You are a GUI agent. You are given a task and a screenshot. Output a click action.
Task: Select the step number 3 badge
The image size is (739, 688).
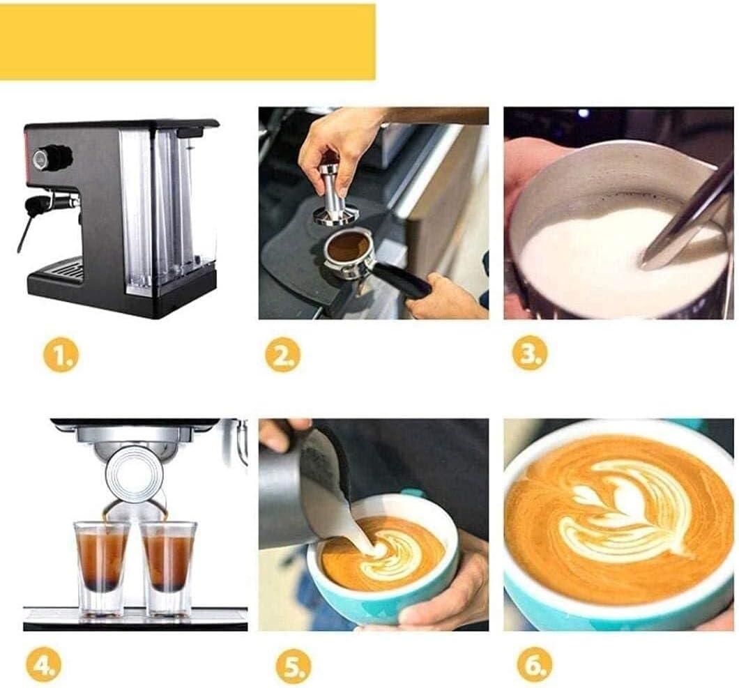(x=530, y=353)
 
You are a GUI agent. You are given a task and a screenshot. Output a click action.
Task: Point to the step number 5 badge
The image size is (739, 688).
(x=293, y=666)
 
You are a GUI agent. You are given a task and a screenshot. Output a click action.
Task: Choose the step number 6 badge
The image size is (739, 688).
(x=535, y=664)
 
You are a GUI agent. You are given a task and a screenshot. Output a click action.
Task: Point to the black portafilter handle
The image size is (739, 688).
(x=408, y=280)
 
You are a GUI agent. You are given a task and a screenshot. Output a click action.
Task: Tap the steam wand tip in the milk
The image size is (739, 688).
(x=646, y=259)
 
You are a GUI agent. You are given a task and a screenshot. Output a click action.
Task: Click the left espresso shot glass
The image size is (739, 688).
(x=101, y=568)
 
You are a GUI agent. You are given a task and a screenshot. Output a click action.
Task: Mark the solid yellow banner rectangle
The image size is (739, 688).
(x=188, y=42)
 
